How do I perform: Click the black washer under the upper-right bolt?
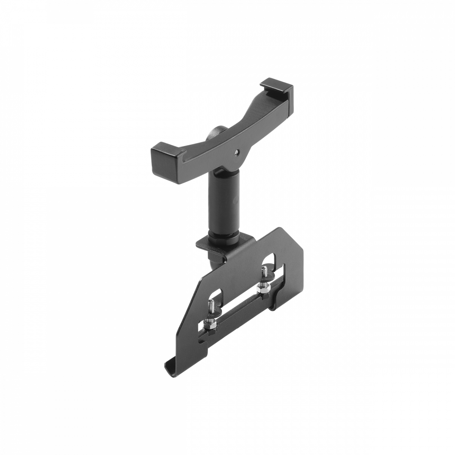263,282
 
